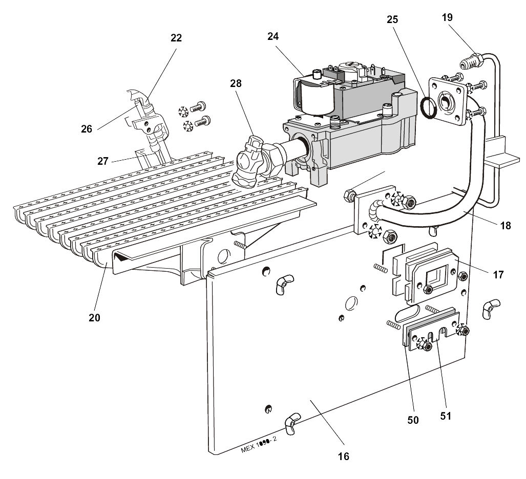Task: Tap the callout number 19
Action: click(447, 17)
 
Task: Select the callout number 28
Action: click(236, 82)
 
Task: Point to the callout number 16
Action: click(344, 456)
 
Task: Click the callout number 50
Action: click(413, 420)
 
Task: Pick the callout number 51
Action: click(446, 416)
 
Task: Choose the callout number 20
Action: click(94, 317)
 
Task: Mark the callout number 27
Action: click(103, 161)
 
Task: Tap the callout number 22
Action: click(176, 38)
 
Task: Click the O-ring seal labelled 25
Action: click(428, 107)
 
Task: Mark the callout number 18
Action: click(506, 226)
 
